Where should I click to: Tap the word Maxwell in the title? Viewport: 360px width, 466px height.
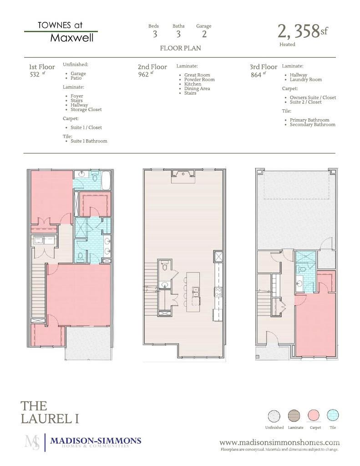(x=72, y=38)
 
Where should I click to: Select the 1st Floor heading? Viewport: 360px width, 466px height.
(x=42, y=67)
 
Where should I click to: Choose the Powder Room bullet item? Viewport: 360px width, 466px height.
(x=199, y=80)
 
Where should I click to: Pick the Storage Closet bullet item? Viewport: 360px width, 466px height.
(x=86, y=110)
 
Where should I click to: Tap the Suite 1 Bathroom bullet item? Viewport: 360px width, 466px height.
(x=89, y=141)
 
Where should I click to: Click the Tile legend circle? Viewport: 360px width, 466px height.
(x=333, y=415)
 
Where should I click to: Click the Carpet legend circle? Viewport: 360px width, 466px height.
(x=314, y=415)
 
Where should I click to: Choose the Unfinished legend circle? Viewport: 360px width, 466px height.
(x=274, y=415)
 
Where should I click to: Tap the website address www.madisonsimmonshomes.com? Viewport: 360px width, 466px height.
(x=279, y=442)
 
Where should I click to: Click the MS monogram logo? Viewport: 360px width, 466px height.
(x=32, y=442)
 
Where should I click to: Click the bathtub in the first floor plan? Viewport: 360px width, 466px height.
(x=106, y=180)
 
